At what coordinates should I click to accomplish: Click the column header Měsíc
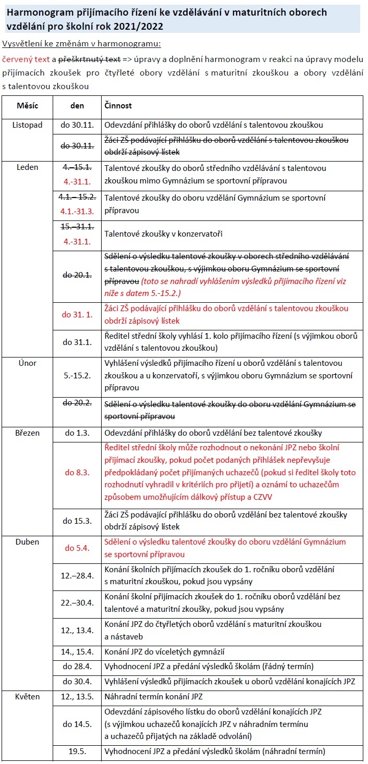tap(27, 106)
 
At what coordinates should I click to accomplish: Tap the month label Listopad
tap(27, 125)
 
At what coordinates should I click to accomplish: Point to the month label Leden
tap(27, 168)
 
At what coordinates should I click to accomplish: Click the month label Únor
tap(27, 363)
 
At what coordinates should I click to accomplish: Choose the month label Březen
tap(27, 433)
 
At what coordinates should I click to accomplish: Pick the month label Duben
tap(27, 542)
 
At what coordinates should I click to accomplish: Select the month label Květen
tap(27, 697)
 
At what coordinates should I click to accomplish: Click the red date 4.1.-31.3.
tap(77, 212)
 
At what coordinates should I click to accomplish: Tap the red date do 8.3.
tap(77, 473)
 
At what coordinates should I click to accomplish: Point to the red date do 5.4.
tap(77, 548)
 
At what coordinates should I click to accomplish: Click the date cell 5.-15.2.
tap(77, 375)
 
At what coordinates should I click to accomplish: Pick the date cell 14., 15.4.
tap(77, 652)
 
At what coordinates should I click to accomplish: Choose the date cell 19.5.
tap(77, 751)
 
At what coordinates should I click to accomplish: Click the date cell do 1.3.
tap(77, 433)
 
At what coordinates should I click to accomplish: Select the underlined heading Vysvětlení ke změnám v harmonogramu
tap(81, 44)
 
